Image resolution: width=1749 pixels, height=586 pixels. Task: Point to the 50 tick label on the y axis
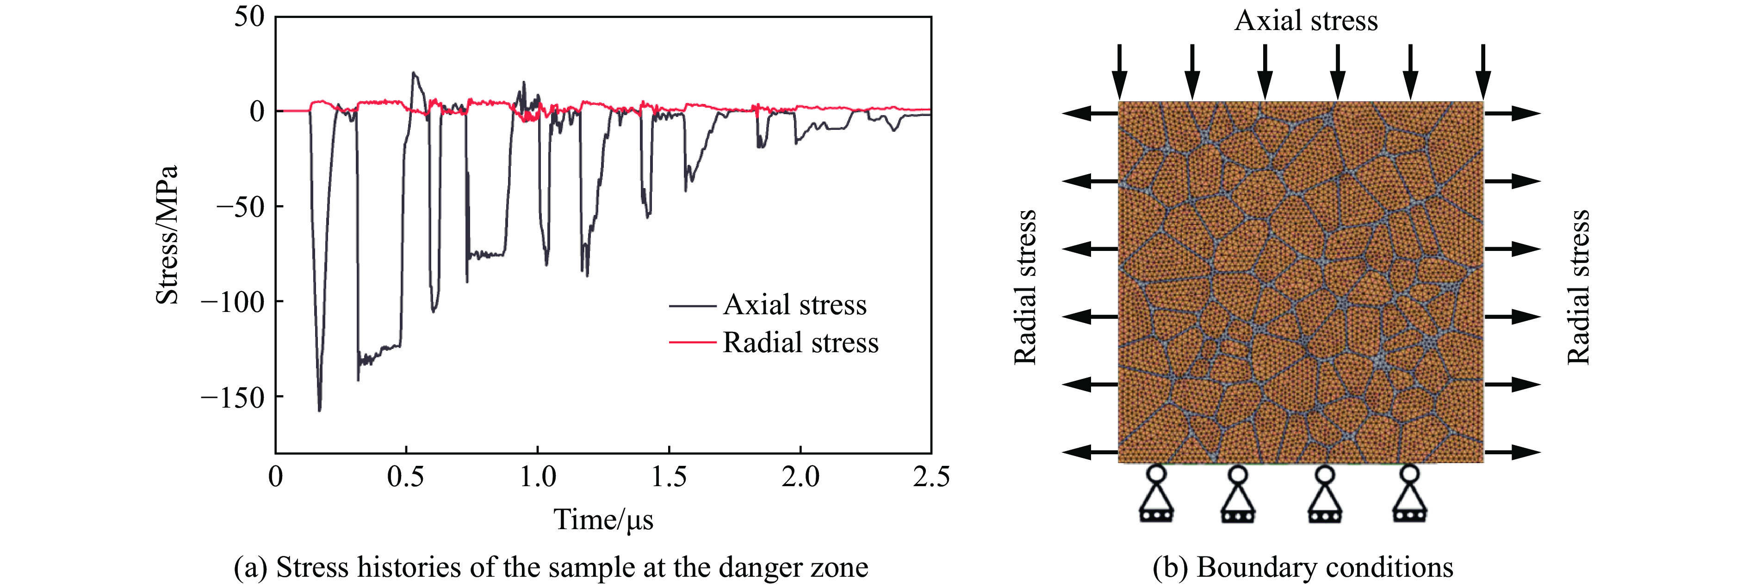tap(249, 17)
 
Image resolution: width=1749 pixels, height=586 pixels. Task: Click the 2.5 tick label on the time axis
tap(931, 477)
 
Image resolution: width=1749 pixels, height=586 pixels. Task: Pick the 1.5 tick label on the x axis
tap(669, 477)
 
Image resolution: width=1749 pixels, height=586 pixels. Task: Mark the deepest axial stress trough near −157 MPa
tap(320, 409)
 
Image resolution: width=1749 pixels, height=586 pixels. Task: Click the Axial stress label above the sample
tap(1306, 20)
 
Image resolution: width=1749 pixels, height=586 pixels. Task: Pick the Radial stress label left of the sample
tap(1025, 287)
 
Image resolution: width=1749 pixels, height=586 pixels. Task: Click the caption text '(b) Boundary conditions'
tap(1302, 567)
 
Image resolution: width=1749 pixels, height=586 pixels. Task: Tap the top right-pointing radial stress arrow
tap(1512, 113)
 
